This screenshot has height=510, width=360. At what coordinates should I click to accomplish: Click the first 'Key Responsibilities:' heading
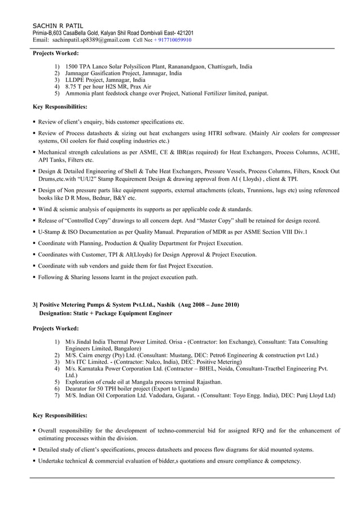pos(60,106)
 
